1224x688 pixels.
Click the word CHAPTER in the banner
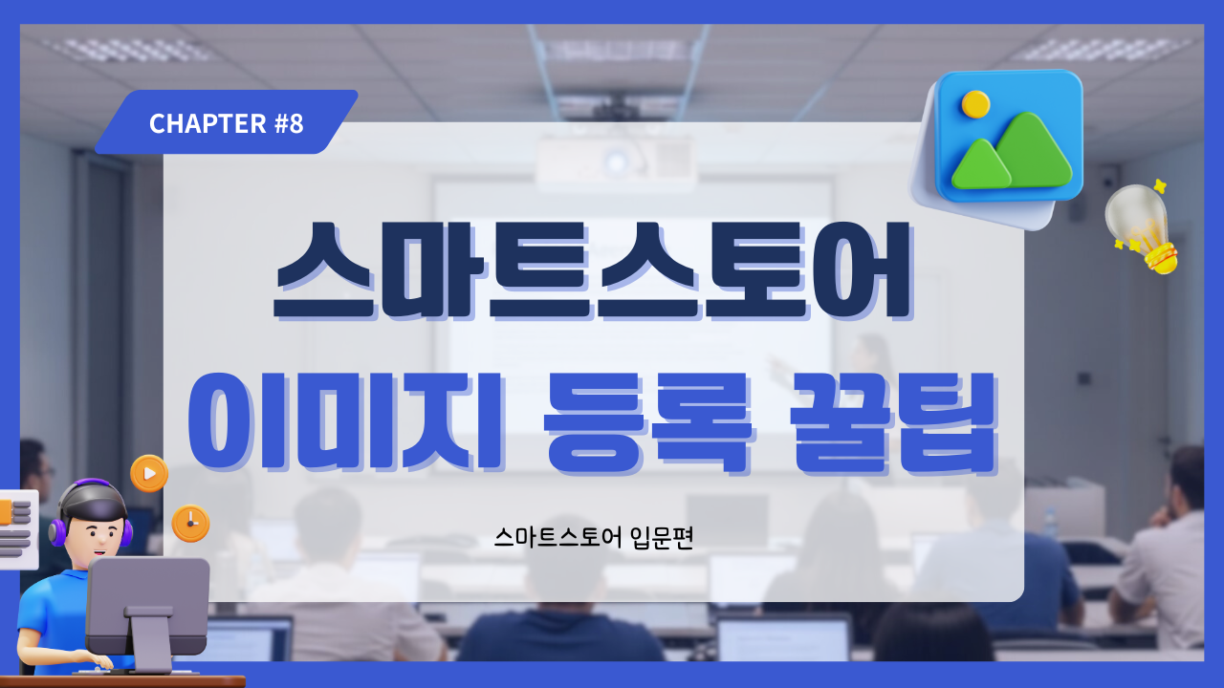click(208, 123)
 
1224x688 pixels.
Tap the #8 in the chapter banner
click(289, 123)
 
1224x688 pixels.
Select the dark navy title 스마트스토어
click(594, 270)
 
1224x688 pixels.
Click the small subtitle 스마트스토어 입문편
click(594, 538)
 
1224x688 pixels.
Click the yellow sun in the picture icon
click(975, 104)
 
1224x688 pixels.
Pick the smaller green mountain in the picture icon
click(981, 165)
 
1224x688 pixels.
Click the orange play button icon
click(149, 473)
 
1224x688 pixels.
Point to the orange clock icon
click(190, 523)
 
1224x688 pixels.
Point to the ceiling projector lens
click(617, 161)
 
